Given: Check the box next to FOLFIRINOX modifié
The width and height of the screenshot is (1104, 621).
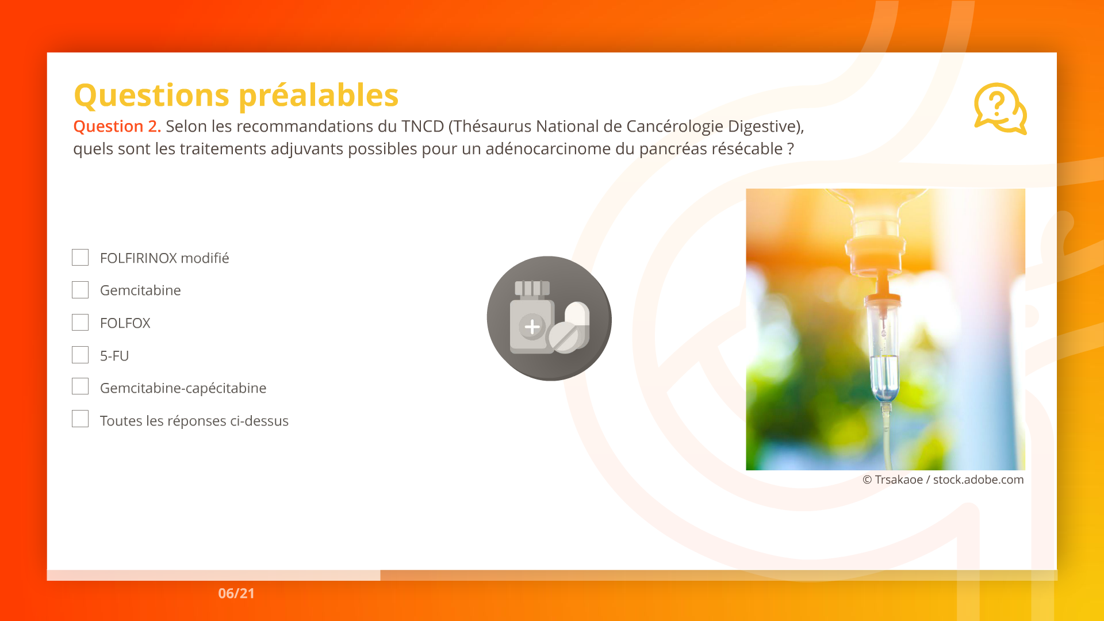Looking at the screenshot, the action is pos(80,257).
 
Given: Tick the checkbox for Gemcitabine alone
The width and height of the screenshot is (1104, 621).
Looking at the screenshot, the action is pos(80,290).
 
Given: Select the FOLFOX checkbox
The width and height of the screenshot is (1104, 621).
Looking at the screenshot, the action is pos(80,323).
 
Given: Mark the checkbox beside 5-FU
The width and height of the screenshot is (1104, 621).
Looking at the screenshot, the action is pos(80,355).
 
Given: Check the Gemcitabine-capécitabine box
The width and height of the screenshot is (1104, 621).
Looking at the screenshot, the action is pos(80,386).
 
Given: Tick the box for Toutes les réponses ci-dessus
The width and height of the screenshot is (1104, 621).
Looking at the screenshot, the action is pos(80,419).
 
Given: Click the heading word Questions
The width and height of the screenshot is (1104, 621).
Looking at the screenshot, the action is pos(152,95).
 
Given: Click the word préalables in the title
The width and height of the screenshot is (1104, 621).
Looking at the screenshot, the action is pos(319,95).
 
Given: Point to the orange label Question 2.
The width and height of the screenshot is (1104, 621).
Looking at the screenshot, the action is pos(117,126).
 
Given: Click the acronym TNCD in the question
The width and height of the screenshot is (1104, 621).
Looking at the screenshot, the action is pos(423,126).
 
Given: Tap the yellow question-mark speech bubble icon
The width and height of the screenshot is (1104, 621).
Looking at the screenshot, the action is pos(1000,109).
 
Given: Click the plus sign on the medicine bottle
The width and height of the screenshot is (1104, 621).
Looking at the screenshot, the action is pos(532,327).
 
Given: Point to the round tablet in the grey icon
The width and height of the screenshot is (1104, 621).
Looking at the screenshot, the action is pos(563,338).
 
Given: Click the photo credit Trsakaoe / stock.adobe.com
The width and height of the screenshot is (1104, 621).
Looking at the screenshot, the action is pos(949,480).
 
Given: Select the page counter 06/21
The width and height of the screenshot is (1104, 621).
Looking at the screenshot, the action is pos(236,593).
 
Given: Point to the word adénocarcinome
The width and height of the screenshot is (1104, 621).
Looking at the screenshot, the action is pos(548,149).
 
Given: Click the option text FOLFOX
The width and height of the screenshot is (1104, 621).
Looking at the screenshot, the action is pos(125,323).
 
